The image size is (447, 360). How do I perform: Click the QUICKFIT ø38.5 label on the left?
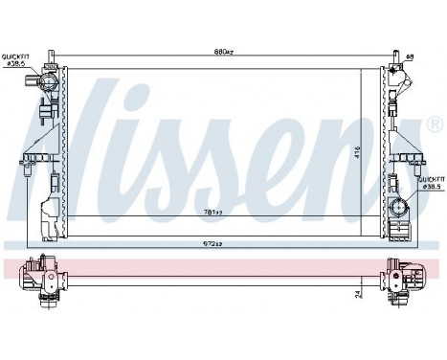19,60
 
